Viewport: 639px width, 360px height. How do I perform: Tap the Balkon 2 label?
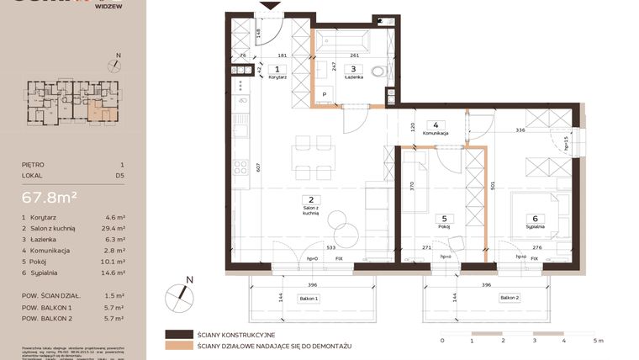coord(509,298)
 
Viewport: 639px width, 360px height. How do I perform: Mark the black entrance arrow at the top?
coord(271,6)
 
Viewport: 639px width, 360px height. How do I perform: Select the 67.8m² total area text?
coord(50,198)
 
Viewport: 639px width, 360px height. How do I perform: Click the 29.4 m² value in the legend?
coord(113,228)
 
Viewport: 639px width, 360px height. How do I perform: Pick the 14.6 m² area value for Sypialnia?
coord(113,272)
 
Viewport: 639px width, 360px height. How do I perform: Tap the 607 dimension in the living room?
coord(246,167)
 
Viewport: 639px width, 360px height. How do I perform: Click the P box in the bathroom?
coord(324,94)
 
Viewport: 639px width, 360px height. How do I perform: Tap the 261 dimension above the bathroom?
coord(354,56)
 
